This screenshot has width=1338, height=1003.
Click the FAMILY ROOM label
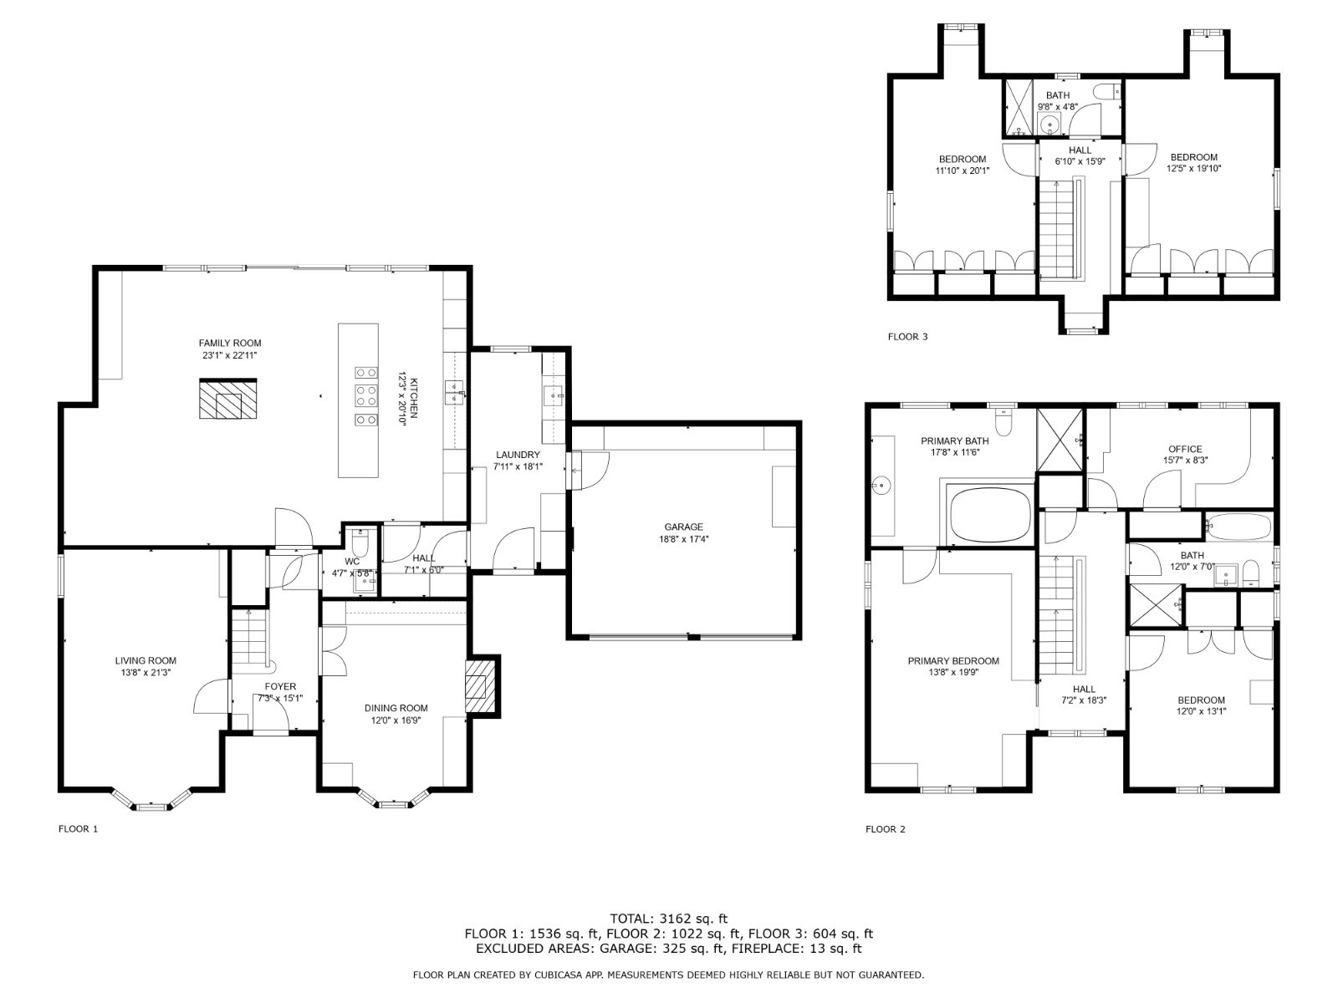pos(230,343)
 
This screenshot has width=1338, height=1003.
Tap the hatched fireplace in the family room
pos(228,399)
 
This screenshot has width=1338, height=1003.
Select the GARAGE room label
pos(684,527)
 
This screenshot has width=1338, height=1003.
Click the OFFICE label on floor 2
pos(1185,449)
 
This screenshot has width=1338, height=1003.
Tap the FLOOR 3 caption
pos(907,336)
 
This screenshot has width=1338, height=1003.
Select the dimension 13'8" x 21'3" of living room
pos(145,673)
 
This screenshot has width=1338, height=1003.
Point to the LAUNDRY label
pos(518,455)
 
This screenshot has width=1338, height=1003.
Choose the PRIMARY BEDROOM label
pos(953,661)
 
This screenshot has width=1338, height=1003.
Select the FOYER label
pos(280,686)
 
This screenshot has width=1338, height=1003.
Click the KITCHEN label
pos(414,399)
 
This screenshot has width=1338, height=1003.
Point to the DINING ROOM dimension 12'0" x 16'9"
pos(396,720)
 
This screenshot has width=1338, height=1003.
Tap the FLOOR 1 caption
pos(78,829)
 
